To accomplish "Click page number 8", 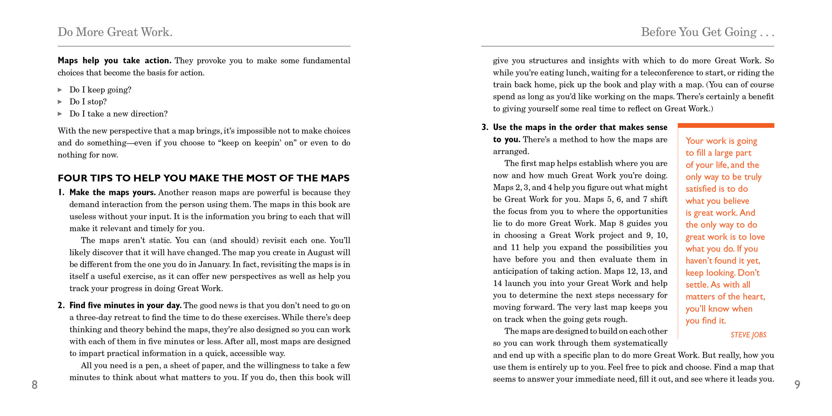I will coord(35,384).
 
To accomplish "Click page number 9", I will coord(797,384).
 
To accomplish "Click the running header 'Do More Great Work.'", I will coord(115,32).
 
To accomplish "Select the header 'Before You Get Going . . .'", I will coord(707,32).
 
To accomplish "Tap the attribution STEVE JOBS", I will coord(748,335).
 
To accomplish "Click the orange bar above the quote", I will coord(725,125).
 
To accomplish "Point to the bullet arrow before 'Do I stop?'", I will coord(60,102).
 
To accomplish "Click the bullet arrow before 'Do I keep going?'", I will coord(60,90).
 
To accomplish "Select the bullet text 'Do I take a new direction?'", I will coord(118,114).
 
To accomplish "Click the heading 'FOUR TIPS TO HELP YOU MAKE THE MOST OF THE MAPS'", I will coord(204,178).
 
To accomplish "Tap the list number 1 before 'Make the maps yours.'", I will coord(61,193).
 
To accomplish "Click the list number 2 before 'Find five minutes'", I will coord(61,306).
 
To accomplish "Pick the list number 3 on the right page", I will coord(484,127).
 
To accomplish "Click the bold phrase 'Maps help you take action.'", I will coord(114,61).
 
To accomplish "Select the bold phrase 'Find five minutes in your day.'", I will coord(125,306).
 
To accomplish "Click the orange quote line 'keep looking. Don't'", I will coord(722,273).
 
